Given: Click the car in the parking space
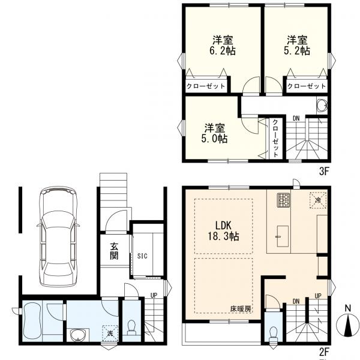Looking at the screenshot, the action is coord(58,236).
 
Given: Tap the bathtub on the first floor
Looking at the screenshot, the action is coord(32,321).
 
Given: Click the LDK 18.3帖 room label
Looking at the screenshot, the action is coord(223,231).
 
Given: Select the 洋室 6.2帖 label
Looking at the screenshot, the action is coord(223,46).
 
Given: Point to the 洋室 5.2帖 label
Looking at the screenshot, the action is coord(297,46).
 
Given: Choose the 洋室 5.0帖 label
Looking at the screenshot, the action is coord(214,133).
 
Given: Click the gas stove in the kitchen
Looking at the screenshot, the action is coord(283,200).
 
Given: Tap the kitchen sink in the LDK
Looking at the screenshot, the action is coord(283,236).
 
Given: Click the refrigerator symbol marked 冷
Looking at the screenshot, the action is coord(318,200).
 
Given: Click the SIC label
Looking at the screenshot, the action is coord(142,256).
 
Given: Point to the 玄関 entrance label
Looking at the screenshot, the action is coord(114,251).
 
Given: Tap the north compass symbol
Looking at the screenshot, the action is coord(347,325).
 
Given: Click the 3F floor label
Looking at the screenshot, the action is coord(325,171).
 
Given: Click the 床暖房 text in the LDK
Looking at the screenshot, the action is coord(241,309).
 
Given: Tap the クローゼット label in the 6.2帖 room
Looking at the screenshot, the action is coord(206,86).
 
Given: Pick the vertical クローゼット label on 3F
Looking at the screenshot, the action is coord(275,138).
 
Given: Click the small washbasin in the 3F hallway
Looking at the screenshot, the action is coord(322,106).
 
